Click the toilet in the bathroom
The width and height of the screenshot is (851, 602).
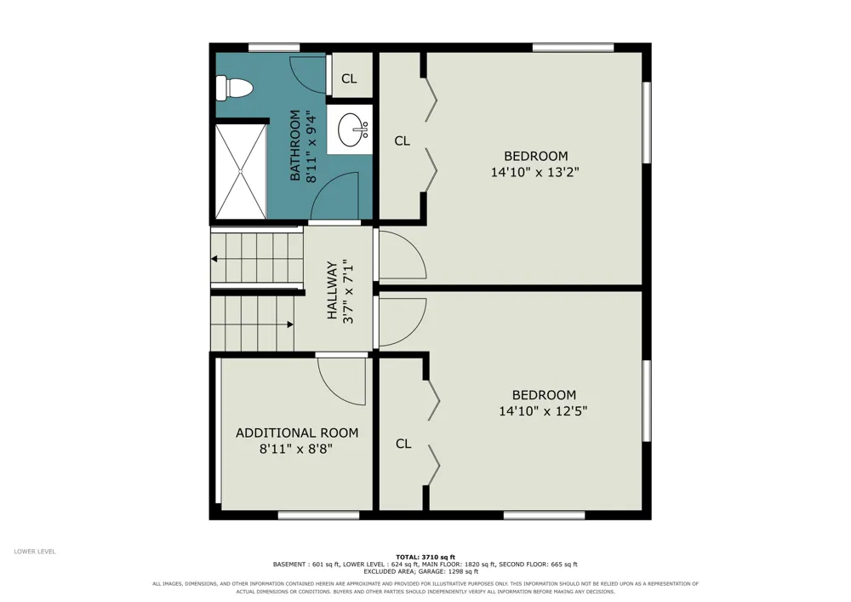click(x=234, y=88)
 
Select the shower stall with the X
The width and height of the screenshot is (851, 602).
click(x=241, y=171)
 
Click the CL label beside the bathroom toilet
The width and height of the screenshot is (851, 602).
click(x=349, y=78)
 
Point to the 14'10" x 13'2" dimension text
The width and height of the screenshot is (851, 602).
click(x=535, y=173)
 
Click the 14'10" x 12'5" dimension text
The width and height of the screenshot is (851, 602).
click(x=543, y=411)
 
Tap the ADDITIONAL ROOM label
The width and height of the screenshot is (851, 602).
click(x=297, y=433)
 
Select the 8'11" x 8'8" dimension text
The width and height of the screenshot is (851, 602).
click(x=296, y=449)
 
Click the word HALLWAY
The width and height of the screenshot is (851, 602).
click(x=332, y=290)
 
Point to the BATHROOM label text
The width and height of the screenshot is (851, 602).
click(x=294, y=146)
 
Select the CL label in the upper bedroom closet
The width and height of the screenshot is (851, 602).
click(x=403, y=141)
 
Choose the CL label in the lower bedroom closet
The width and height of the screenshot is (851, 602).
click(x=403, y=444)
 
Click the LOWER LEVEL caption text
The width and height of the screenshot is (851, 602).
click(x=35, y=552)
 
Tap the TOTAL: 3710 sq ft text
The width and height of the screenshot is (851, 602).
click(x=425, y=557)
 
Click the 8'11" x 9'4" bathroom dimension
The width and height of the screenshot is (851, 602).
click(x=311, y=146)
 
